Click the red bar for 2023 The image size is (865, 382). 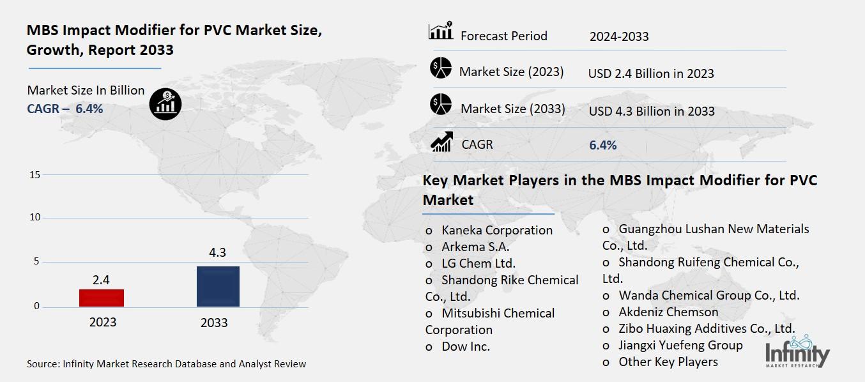(102, 298)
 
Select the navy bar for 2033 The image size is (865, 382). (217, 286)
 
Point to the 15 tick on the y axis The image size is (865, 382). (34, 175)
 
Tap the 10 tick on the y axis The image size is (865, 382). (34, 218)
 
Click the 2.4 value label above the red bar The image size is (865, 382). (101, 280)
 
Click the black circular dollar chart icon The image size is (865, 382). (165, 103)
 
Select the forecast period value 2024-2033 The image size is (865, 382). (618, 36)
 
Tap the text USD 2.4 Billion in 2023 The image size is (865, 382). (650, 74)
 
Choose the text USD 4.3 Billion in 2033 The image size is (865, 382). (651, 111)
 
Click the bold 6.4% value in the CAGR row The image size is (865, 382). (602, 146)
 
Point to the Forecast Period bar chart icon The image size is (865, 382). (440, 31)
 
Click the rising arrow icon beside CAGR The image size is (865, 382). (441, 142)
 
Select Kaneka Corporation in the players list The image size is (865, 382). (496, 230)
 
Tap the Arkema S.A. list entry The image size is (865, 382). (475, 247)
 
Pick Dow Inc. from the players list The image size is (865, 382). (465, 347)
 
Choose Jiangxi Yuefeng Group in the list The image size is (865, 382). (680, 345)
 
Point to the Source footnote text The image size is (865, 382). (166, 364)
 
